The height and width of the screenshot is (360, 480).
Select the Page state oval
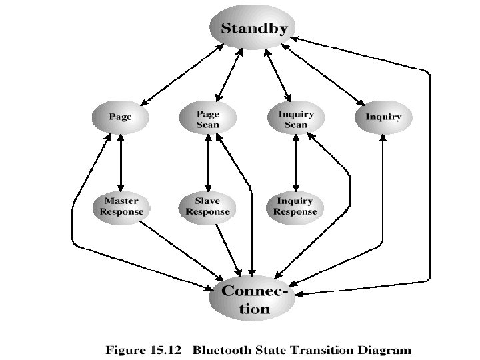click(121, 117)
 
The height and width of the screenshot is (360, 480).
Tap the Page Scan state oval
click(208, 118)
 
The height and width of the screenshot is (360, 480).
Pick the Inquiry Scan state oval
click(295, 118)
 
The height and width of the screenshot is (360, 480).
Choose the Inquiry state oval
click(383, 117)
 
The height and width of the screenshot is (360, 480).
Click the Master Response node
click(121, 206)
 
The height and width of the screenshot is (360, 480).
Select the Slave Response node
click(207, 206)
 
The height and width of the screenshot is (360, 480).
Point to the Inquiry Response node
click(295, 206)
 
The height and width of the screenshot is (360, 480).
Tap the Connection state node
click(254, 300)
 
